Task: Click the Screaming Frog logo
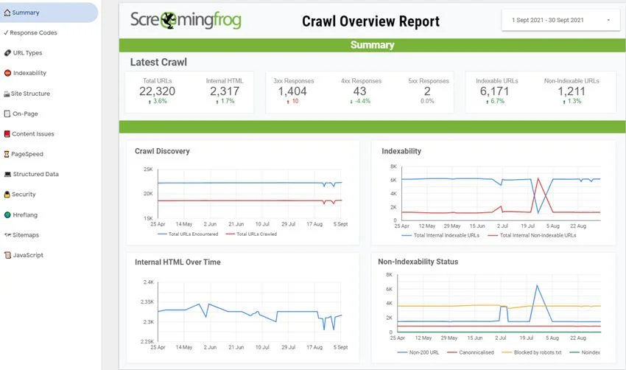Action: [186, 21]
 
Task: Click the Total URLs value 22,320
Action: [157, 91]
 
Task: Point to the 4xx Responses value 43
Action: [359, 91]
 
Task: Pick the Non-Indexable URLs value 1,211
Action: [571, 91]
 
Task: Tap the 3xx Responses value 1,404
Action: [292, 91]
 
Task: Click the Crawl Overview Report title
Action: [370, 21]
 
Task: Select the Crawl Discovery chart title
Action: [162, 151]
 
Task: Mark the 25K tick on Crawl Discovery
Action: [147, 170]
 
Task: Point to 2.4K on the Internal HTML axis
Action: [147, 282]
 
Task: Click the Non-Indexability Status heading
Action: [418, 262]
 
